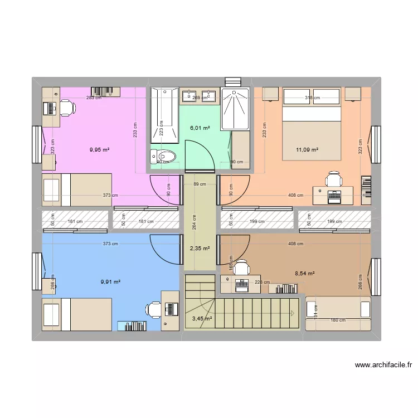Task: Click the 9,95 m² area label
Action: click(x=100, y=149)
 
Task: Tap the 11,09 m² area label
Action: click(x=307, y=149)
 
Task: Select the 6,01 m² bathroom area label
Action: click(x=200, y=128)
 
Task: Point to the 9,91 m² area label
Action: click(x=110, y=282)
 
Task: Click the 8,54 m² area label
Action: click(x=305, y=274)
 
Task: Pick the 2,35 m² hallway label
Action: click(x=200, y=249)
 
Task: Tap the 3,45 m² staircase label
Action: click(x=201, y=319)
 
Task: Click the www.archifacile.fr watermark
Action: click(x=383, y=366)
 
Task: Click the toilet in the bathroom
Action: click(x=163, y=157)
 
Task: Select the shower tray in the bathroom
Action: click(x=235, y=109)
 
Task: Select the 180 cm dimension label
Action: click(x=338, y=320)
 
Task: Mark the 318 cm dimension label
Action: click(x=313, y=98)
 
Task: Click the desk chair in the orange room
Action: click(x=334, y=179)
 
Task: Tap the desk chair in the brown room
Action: click(x=242, y=268)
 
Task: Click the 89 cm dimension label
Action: click(x=200, y=184)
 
